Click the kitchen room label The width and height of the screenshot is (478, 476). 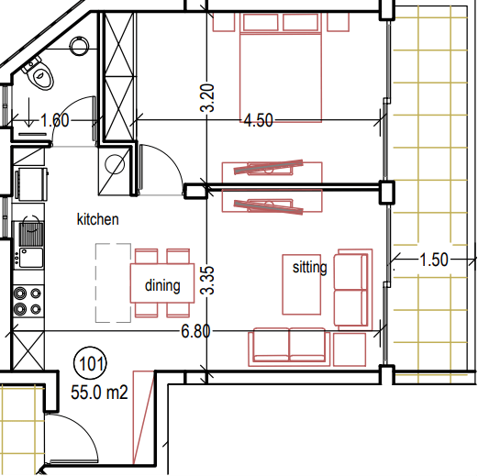97,219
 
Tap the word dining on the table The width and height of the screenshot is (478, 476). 162,286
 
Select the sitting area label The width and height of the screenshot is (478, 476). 309,268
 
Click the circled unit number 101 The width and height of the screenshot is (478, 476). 91,364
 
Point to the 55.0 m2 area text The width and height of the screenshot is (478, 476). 99,393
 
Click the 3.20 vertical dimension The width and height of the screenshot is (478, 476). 207,98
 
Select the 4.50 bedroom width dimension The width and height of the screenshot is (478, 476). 259,120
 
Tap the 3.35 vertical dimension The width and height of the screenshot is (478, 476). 207,281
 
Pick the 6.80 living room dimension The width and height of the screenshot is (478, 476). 195,331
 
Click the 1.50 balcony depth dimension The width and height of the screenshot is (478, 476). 434,260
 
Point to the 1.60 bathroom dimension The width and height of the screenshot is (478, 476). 55,120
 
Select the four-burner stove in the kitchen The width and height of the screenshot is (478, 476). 28,302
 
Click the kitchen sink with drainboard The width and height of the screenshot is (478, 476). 30,246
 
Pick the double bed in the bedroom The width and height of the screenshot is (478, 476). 281,68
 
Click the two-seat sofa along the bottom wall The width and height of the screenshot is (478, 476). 289,347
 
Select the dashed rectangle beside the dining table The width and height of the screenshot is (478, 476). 114,282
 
